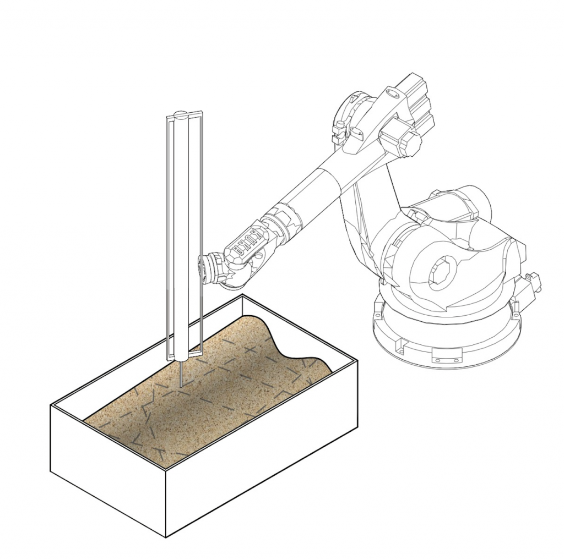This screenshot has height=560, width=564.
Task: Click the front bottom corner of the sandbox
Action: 166,536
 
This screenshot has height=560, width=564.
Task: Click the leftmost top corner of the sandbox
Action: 51,405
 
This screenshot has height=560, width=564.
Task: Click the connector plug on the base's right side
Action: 533,282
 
